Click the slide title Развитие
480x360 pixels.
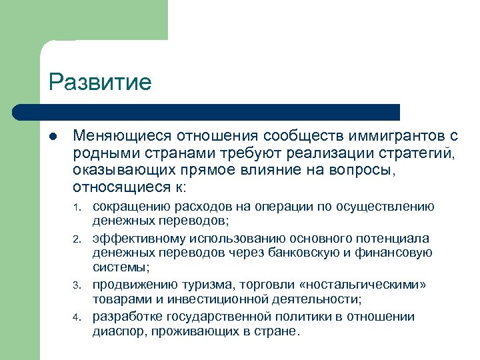pos(100,82)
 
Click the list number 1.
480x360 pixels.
pos(77,207)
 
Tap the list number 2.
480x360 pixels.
pos(77,239)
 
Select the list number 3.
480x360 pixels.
pos(77,287)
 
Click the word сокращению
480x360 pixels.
pos(131,205)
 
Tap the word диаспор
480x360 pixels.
pos(115,331)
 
